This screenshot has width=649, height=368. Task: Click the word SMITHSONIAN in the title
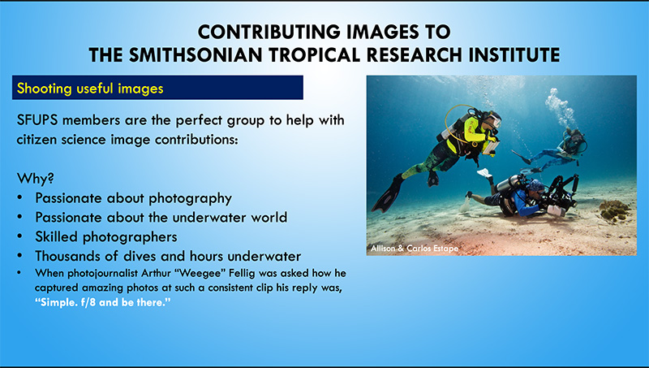[196, 55]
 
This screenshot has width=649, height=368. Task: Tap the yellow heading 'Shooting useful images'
[90, 89]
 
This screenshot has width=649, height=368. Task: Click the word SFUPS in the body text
[37, 120]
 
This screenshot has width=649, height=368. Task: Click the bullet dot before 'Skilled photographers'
[19, 236]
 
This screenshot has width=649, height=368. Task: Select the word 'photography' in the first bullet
[190, 198]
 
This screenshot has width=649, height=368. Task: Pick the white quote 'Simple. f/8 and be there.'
[103, 302]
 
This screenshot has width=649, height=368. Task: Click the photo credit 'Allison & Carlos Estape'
[415, 249]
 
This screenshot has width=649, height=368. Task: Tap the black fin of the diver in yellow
[387, 194]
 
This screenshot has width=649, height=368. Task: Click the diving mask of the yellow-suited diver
[495, 120]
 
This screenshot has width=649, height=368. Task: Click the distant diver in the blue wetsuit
[551, 151]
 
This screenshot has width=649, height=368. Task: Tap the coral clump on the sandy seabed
[615, 210]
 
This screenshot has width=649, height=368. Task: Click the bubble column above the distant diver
[560, 107]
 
